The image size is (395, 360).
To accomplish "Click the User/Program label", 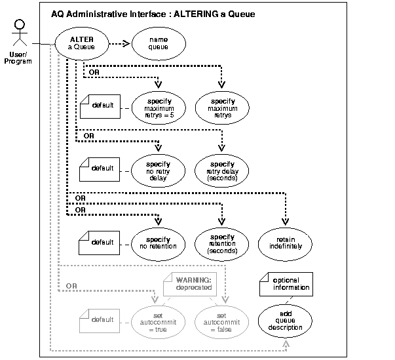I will (18, 58).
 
